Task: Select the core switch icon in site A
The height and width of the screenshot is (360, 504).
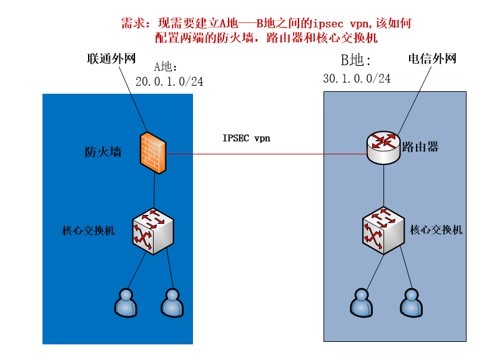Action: pos(152,229)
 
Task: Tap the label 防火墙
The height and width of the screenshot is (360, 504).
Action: pos(103,151)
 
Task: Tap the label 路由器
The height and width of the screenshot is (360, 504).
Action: pos(420,147)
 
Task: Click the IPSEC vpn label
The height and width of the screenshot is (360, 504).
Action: pos(247,138)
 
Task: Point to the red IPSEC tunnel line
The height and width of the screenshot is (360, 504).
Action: pos(250,153)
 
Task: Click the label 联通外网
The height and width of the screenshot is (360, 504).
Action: pos(111,59)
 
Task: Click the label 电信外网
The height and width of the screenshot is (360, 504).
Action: pos(432,59)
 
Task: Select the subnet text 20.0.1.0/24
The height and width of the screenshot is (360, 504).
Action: pos(169,81)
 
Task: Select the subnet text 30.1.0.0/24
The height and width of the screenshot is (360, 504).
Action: pos(357,79)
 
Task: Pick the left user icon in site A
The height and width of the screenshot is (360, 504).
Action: pos(126,302)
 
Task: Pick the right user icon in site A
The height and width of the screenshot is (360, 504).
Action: pos(172,302)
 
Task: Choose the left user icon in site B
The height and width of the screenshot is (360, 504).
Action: pos(360,302)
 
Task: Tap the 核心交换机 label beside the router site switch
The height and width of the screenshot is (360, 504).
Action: pos(436,229)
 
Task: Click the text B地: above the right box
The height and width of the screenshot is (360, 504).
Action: pos(355,61)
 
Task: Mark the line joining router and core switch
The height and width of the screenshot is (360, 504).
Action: pos(383,184)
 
